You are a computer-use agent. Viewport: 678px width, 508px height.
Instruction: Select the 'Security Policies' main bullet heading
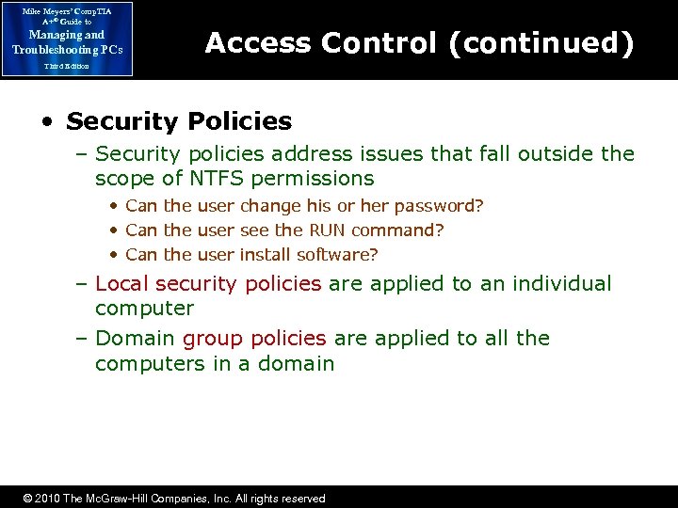pos(179,121)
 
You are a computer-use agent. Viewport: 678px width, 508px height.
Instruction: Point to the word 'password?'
pos(444,206)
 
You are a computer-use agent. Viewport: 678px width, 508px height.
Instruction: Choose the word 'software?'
pos(337,255)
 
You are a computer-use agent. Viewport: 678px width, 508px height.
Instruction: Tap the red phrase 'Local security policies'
pos(208,284)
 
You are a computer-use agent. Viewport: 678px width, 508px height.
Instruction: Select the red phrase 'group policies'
pos(254,339)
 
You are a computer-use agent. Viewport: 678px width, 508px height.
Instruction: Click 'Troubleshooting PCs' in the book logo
pos(66,49)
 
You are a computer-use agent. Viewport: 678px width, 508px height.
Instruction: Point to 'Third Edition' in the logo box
pos(66,66)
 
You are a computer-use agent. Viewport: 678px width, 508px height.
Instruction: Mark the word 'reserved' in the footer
pos(301,499)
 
